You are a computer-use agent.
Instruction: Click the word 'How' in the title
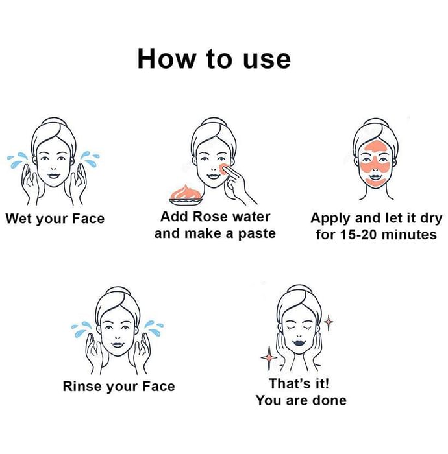click(167, 59)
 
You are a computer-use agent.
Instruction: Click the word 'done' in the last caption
click(330, 400)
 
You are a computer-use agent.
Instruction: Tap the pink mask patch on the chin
click(375, 182)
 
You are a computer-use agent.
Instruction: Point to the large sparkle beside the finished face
click(269, 357)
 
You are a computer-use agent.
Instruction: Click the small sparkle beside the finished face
click(329, 322)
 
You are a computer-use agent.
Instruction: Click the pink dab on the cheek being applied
click(223, 169)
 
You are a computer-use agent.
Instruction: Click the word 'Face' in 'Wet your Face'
click(88, 219)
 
